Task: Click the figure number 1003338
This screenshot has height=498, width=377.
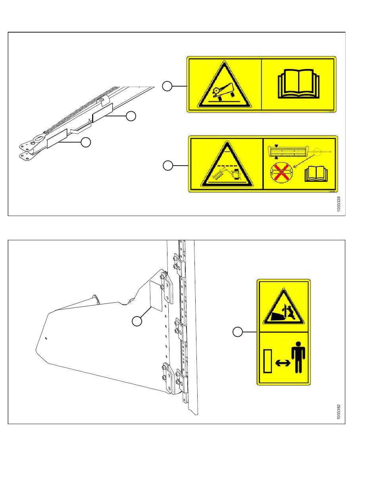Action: point(338,204)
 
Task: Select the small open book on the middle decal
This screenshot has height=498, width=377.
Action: point(316,174)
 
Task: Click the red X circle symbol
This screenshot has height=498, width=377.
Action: point(281,172)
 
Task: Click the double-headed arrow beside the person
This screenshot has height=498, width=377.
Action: point(283,363)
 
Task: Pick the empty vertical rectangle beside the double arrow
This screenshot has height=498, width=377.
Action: point(267,361)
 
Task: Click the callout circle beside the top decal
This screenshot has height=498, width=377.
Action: point(167,86)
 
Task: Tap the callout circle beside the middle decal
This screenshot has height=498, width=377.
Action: point(168,166)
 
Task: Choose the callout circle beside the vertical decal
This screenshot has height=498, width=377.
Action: point(238,332)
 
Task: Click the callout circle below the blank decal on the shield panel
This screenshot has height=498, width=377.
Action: point(137,321)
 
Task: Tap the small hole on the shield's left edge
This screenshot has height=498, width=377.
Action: point(46,338)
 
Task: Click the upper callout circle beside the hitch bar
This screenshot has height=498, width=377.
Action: point(131,116)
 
